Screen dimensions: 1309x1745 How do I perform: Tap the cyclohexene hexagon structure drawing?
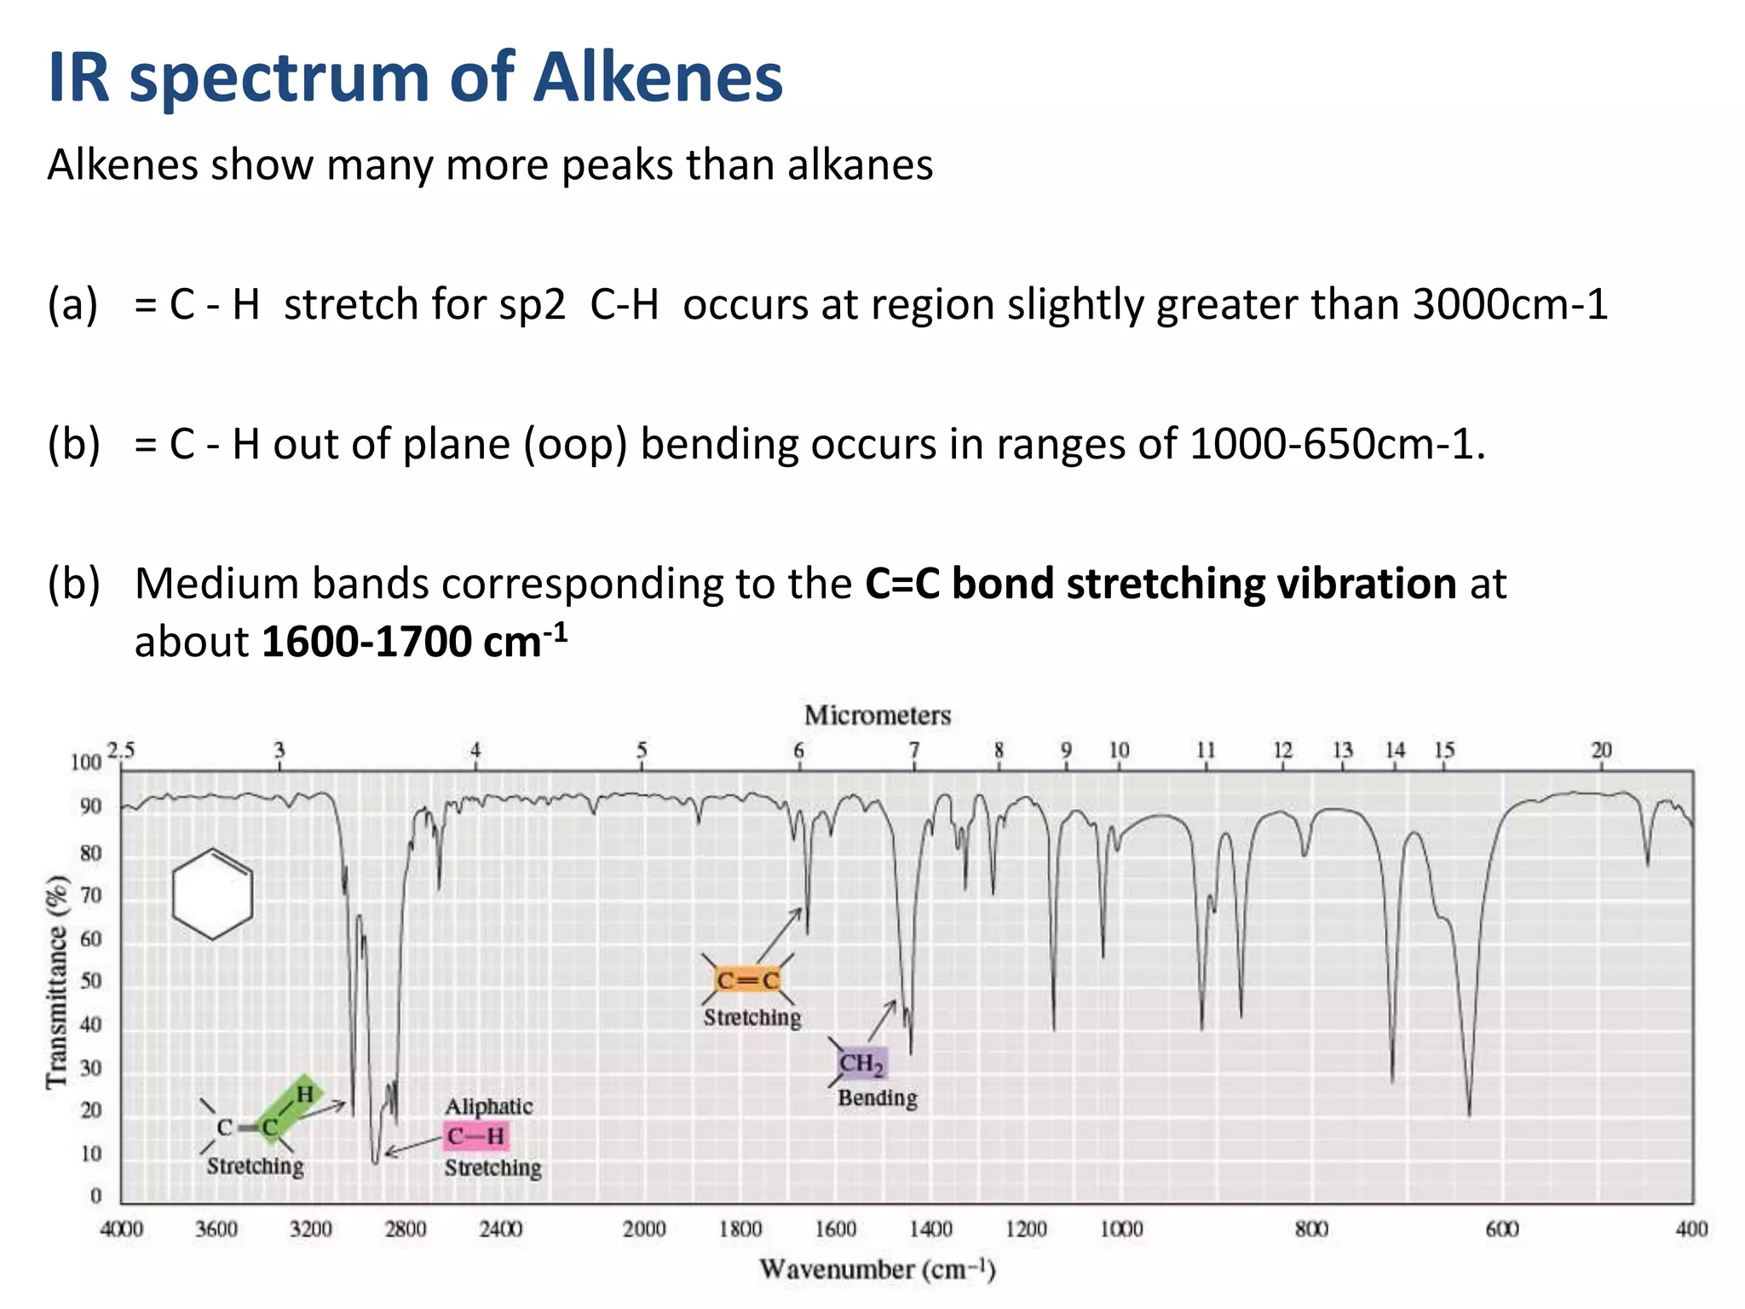[x=212, y=894]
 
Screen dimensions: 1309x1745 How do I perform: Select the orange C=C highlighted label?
[x=748, y=980]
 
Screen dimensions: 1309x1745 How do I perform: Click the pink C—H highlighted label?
[x=475, y=1136]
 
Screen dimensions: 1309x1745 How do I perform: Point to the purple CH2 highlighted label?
[x=861, y=1064]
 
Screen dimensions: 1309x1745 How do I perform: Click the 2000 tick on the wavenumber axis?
[x=643, y=1229]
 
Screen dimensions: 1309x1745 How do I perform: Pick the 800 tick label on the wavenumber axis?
[x=1311, y=1229]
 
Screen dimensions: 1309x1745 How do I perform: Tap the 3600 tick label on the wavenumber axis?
[x=216, y=1229]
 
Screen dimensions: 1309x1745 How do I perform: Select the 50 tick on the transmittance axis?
[x=90, y=981]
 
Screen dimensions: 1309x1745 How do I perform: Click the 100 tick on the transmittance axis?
[x=85, y=762]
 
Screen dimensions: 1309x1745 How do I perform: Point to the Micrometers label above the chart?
[x=877, y=715]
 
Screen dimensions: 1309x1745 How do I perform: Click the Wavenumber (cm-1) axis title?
[x=877, y=1269]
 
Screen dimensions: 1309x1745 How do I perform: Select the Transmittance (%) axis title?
[x=57, y=981]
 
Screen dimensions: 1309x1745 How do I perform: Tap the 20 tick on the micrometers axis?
[x=1601, y=750]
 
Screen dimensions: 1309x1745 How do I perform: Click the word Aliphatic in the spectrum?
[x=488, y=1106]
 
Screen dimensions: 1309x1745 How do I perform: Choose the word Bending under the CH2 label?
[x=877, y=1098]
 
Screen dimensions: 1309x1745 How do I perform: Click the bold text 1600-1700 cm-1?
[x=414, y=641]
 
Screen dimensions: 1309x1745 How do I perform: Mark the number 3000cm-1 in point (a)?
[x=1510, y=304]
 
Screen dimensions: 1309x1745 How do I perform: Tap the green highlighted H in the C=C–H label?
[x=305, y=1093]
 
